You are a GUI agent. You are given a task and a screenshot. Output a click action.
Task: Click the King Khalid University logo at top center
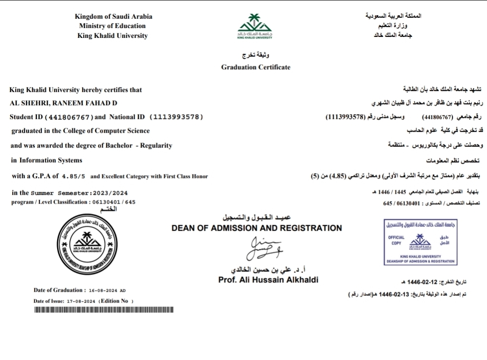point(255,26)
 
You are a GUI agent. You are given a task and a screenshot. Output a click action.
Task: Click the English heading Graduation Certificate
point(256,67)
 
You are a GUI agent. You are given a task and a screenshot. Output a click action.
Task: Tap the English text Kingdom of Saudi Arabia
point(114,16)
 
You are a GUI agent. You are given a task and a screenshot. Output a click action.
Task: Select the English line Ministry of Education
point(112,26)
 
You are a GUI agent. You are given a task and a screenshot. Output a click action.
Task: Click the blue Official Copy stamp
point(420,242)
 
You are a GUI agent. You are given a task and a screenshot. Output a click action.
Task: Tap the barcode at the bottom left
point(103,310)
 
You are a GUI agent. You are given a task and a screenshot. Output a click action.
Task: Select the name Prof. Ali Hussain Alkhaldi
point(268,280)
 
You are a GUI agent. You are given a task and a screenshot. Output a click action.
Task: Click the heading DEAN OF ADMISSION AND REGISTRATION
point(256,228)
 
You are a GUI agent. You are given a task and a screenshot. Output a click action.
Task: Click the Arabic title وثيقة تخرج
point(256,55)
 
